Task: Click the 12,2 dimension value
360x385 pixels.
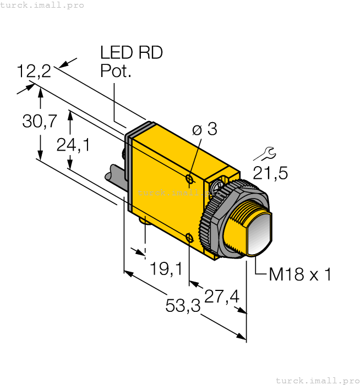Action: pos(34,71)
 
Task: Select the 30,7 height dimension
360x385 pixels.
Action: pos(39,121)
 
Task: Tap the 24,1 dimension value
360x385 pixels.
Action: pos(73,144)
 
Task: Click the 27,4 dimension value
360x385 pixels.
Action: pos(221,296)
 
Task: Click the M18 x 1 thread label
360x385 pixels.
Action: pos(299,274)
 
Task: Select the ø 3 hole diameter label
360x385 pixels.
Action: pos(204,129)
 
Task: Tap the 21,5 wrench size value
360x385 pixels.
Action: pos(270,173)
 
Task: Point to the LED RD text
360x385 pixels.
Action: pos(131,53)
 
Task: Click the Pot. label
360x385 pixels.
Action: pos(116,71)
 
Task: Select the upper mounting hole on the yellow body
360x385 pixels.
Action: pos(189,179)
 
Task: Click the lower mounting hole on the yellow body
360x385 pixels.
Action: pos(189,238)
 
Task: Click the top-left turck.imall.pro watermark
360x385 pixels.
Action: pos(42,5)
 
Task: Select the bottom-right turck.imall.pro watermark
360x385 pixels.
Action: pos(316,380)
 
